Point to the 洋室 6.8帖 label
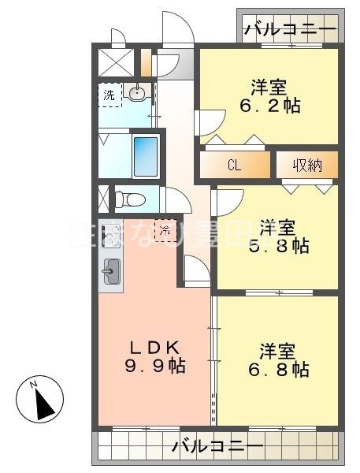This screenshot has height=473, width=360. (x=280, y=359)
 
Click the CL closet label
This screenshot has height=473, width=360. (x=234, y=166)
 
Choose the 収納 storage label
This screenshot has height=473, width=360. (x=306, y=166)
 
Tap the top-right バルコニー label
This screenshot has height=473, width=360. (x=289, y=31)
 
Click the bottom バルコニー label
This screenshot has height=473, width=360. (x=217, y=447)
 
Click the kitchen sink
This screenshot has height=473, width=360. (x=110, y=273)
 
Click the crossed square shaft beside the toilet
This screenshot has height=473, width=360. (x=104, y=196)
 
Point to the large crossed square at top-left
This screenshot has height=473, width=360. (x=115, y=61)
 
